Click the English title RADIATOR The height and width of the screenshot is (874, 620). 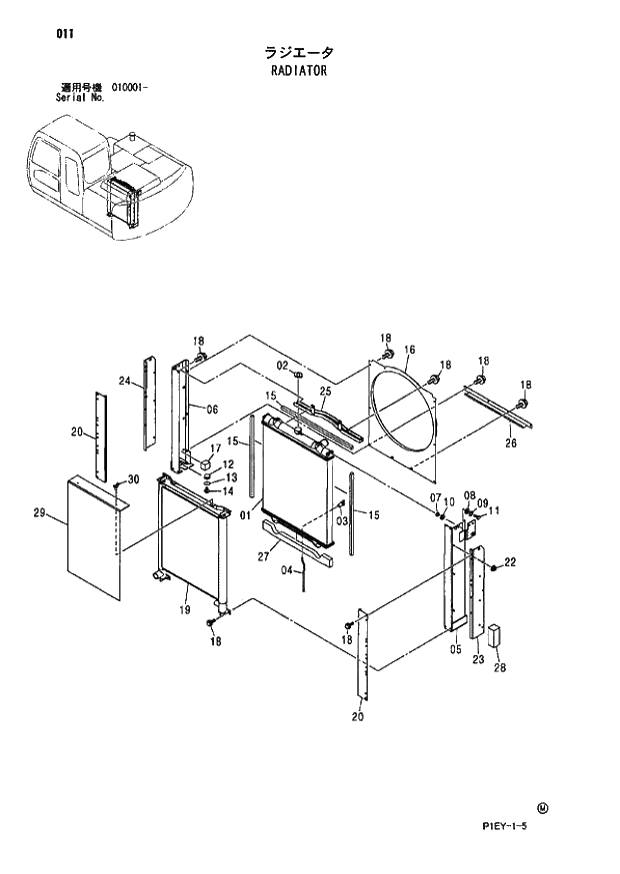coord(298,71)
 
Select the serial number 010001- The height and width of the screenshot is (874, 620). coord(124,88)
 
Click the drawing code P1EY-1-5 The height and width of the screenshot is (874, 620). coord(519,825)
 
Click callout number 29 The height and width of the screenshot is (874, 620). coord(39,513)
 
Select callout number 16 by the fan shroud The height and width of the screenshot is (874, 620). coord(409,350)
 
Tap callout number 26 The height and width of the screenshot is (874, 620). coord(510,444)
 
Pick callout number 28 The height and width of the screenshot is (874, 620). coord(499,669)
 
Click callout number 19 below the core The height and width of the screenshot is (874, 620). coord(184,609)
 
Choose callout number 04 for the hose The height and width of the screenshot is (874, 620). coord(286,570)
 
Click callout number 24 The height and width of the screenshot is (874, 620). coord(125,381)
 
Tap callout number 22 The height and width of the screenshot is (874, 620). coord(510,563)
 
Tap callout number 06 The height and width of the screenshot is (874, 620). coord(212,409)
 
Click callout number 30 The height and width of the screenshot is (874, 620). coord(134,480)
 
